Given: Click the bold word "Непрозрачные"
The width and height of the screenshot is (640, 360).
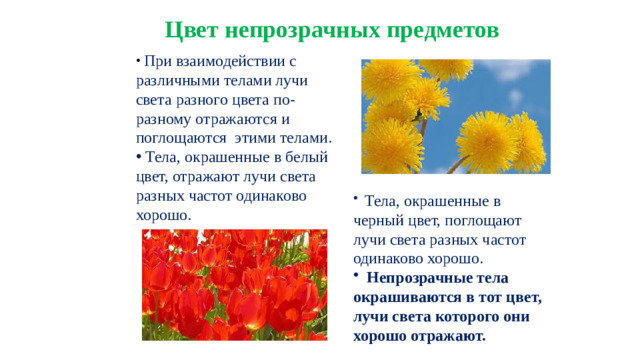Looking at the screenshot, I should (430, 278).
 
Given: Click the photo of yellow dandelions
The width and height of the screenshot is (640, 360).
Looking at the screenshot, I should (455, 116).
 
